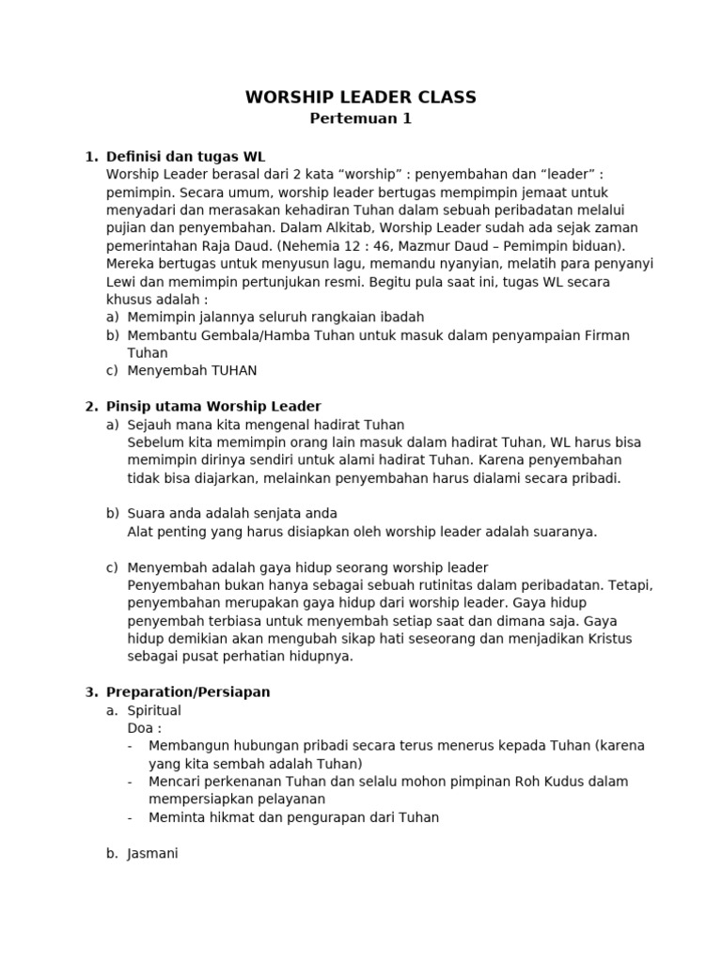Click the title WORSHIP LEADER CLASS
(x=361, y=98)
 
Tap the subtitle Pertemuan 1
(x=361, y=119)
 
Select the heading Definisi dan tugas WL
(x=192, y=156)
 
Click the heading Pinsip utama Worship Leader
(x=213, y=407)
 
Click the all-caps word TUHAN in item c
(x=226, y=371)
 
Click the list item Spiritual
(x=154, y=711)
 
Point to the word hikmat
(x=226, y=817)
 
